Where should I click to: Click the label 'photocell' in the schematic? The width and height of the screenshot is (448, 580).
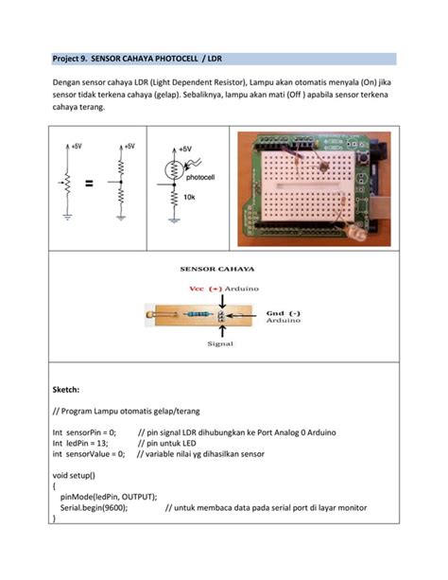(200, 177)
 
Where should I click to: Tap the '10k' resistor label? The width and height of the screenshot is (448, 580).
(189, 197)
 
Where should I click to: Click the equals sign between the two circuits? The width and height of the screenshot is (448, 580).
(89, 185)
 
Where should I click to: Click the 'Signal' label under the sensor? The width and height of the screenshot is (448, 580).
(220, 345)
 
